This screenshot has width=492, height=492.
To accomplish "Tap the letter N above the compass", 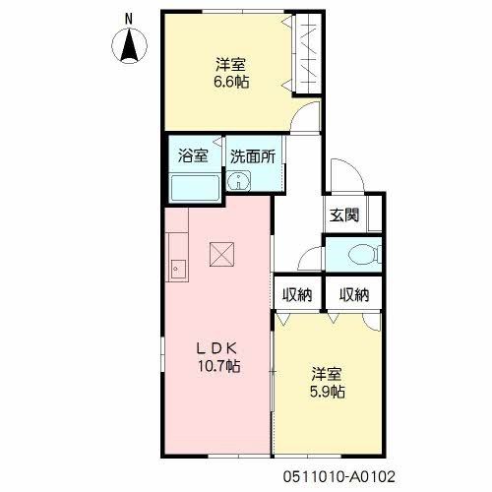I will click(129, 17).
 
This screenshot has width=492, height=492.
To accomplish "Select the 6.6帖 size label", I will click(232, 83).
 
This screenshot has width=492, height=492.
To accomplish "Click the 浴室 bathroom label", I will click(192, 155).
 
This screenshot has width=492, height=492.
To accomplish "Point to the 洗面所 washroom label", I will click(252, 155).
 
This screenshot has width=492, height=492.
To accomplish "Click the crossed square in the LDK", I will click(218, 255).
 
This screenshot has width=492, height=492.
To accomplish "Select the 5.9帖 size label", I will click(327, 392).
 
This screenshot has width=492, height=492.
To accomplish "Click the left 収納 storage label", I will click(297, 294).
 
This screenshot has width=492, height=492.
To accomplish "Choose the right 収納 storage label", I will click(354, 294).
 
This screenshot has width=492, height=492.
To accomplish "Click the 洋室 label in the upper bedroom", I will click(232, 65).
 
